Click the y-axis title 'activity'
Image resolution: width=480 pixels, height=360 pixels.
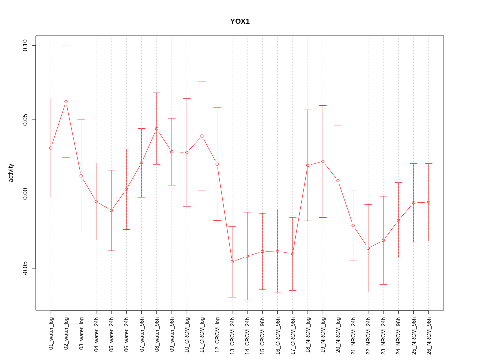coord(11,173)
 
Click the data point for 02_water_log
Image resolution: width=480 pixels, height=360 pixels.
coord(66,102)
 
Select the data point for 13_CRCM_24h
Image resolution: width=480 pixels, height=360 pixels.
coord(232,262)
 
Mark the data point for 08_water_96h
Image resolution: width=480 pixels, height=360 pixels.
coord(157,129)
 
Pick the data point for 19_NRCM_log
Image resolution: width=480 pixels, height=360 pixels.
coord(323,162)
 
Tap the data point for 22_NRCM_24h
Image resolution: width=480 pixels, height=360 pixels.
coord(368,248)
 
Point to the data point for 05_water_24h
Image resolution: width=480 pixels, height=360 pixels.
coord(111,210)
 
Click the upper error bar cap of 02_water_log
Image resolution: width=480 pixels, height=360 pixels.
coord(66,46)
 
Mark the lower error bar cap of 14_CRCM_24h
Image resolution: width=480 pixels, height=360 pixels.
coord(247,300)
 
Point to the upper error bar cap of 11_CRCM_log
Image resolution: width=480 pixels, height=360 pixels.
coord(202,81)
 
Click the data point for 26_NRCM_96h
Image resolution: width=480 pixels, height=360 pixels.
coord(429,202)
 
